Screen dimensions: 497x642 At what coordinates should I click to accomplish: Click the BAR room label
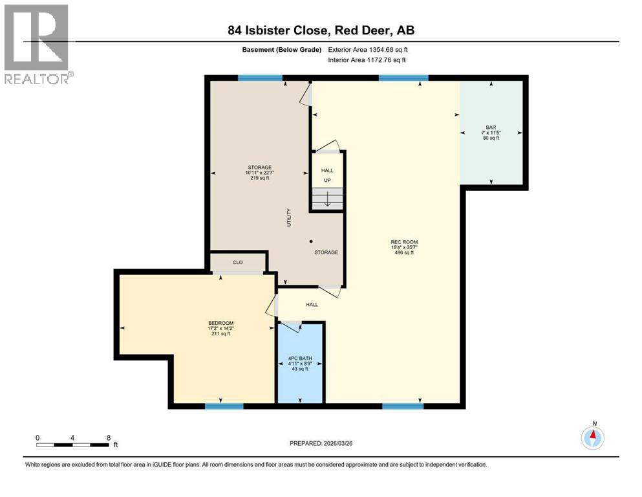491,127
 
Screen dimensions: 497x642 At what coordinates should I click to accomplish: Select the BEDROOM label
220,323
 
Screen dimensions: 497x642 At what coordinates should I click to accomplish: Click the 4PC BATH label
299,359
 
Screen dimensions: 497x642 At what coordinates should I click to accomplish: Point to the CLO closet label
237,263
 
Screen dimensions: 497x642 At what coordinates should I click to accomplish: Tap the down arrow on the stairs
327,199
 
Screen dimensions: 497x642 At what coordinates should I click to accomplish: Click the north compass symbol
592,438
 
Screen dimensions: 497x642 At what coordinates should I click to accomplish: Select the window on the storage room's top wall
260,78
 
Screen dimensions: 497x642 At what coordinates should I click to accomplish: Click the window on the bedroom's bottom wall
224,406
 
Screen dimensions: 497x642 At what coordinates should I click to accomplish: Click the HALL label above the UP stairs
327,171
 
